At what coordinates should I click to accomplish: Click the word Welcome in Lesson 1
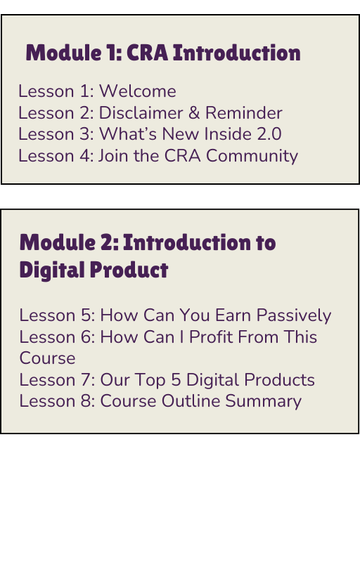[x=138, y=91]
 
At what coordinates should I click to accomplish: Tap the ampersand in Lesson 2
[x=194, y=112]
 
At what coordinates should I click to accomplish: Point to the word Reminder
[x=244, y=112]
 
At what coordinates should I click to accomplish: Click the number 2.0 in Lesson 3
[x=269, y=134]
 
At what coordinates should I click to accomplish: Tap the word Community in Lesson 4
[x=252, y=156]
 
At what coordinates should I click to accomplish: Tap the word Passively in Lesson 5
[x=294, y=315]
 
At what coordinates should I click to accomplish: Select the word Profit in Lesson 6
[x=211, y=336]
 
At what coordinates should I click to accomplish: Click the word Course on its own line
[x=47, y=358]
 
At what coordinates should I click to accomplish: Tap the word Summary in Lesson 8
[x=264, y=401]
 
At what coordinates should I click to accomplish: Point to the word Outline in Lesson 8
[x=191, y=400]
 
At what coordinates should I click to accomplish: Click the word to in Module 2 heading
[x=266, y=242]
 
